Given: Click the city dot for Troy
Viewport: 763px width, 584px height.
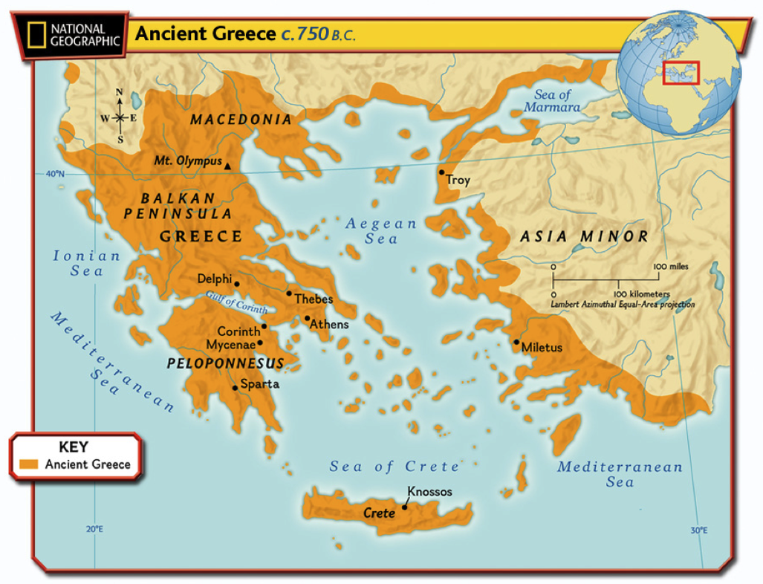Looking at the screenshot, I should (441, 172).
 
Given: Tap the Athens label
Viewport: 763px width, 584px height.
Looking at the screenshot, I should (328, 325).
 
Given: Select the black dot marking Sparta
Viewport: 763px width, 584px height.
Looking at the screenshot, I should (235, 388).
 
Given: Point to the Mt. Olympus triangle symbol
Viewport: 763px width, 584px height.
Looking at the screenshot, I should (227, 166).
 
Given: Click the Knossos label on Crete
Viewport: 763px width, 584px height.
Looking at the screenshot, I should (429, 492).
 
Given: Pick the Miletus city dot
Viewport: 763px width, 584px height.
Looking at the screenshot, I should (516, 342).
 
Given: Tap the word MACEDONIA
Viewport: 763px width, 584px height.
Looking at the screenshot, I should (241, 120).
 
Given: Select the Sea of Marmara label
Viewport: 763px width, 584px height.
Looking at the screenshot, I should (551, 101).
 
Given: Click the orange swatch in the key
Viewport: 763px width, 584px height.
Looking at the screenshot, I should (29, 464).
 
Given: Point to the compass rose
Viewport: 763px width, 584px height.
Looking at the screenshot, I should (120, 117).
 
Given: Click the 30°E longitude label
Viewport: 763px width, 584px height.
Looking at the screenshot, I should (698, 531).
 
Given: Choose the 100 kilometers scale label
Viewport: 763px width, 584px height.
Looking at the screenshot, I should (643, 294).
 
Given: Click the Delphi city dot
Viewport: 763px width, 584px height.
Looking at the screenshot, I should (236, 284).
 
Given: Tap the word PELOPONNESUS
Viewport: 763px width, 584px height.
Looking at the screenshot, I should (225, 364).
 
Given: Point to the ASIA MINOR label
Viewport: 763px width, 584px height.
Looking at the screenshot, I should (583, 237).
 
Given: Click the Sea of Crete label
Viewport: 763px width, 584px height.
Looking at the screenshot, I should (395, 467).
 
